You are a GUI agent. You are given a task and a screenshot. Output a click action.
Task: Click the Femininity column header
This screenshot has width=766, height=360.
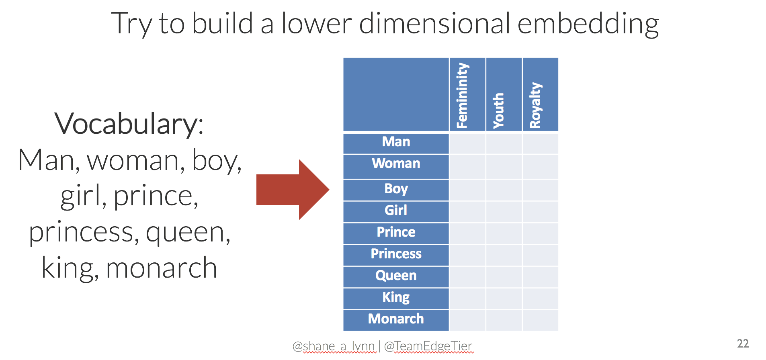pos(462,96)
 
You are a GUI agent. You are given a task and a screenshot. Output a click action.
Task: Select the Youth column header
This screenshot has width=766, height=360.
pos(498,110)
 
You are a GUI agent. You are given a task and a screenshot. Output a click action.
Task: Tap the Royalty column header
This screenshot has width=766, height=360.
pos(535,105)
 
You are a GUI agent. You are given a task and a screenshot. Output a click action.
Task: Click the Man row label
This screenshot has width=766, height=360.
pos(396,142)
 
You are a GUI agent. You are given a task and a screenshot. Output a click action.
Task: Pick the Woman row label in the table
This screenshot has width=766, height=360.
pos(396,164)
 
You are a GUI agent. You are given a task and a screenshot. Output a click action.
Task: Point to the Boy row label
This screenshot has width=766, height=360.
pos(396,189)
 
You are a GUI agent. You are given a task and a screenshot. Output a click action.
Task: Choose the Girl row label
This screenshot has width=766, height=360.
pos(396,210)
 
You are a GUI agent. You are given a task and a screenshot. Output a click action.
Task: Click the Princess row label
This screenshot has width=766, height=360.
pos(396,254)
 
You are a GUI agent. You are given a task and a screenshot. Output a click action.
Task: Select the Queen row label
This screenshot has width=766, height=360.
pos(396,276)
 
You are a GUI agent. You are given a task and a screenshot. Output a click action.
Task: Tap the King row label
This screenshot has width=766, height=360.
pos(396,297)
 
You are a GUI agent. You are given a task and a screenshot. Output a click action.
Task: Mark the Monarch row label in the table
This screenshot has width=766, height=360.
pos(396,319)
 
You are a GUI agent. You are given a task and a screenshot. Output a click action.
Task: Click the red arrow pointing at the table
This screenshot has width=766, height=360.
pos(293,190)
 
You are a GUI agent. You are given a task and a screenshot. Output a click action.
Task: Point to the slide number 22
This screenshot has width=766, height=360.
pos(743,344)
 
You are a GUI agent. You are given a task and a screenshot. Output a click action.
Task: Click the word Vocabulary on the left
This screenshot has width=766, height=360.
pos(129,124)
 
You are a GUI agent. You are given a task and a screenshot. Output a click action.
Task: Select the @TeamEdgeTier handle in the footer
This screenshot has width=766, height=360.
pos(428,346)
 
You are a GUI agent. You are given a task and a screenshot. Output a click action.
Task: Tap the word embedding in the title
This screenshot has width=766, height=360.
pos(588,24)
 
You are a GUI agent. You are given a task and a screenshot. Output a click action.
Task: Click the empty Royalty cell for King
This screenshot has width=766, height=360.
pos(541,299)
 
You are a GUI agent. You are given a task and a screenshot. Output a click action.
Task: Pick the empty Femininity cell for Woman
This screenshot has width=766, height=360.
pos(467,167)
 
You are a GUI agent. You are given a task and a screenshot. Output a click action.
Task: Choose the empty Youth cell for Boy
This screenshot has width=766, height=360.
pos(504,190)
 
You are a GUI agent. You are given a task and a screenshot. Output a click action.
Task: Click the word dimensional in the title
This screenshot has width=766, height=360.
pos(434,24)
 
